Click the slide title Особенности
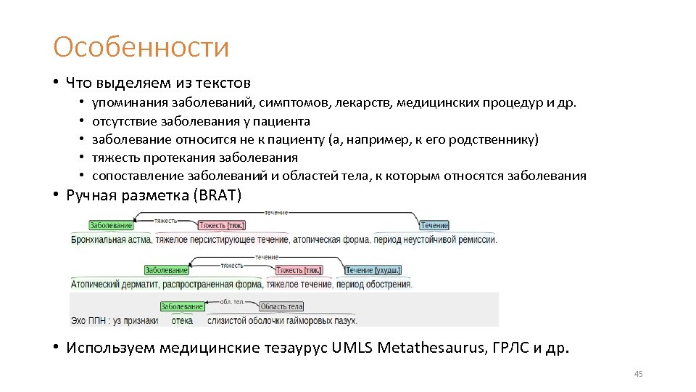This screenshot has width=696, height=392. tap(141, 48)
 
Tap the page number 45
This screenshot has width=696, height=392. tap(638, 374)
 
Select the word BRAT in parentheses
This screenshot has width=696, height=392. tap(218, 195)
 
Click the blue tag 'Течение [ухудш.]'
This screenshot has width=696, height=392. tap(373, 271)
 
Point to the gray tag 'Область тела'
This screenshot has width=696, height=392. tap(281, 307)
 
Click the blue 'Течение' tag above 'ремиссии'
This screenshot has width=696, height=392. tap(434, 226)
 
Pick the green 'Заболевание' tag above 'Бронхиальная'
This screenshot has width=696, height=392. tap(111, 226)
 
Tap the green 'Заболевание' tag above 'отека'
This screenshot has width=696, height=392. tap(182, 307)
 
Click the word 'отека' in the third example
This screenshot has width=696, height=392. tap(182, 320)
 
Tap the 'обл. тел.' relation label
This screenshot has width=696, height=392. tap(231, 301)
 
